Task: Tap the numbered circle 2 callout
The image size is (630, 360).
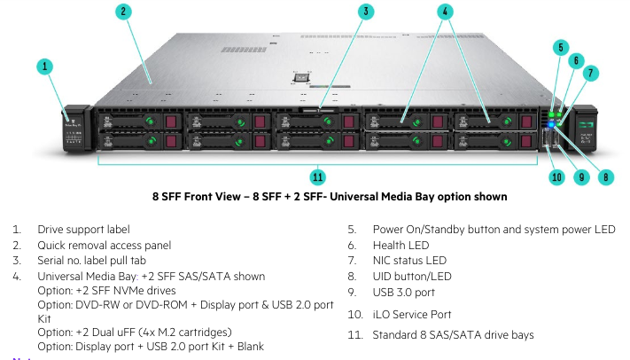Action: (123, 12)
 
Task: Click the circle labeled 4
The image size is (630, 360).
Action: (445, 12)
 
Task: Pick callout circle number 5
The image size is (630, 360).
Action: (560, 46)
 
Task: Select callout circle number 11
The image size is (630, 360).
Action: (317, 176)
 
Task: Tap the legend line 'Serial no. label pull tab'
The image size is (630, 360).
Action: (100, 261)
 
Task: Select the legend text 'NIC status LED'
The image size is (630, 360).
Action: (409, 261)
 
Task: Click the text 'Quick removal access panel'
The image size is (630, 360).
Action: (104, 245)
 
